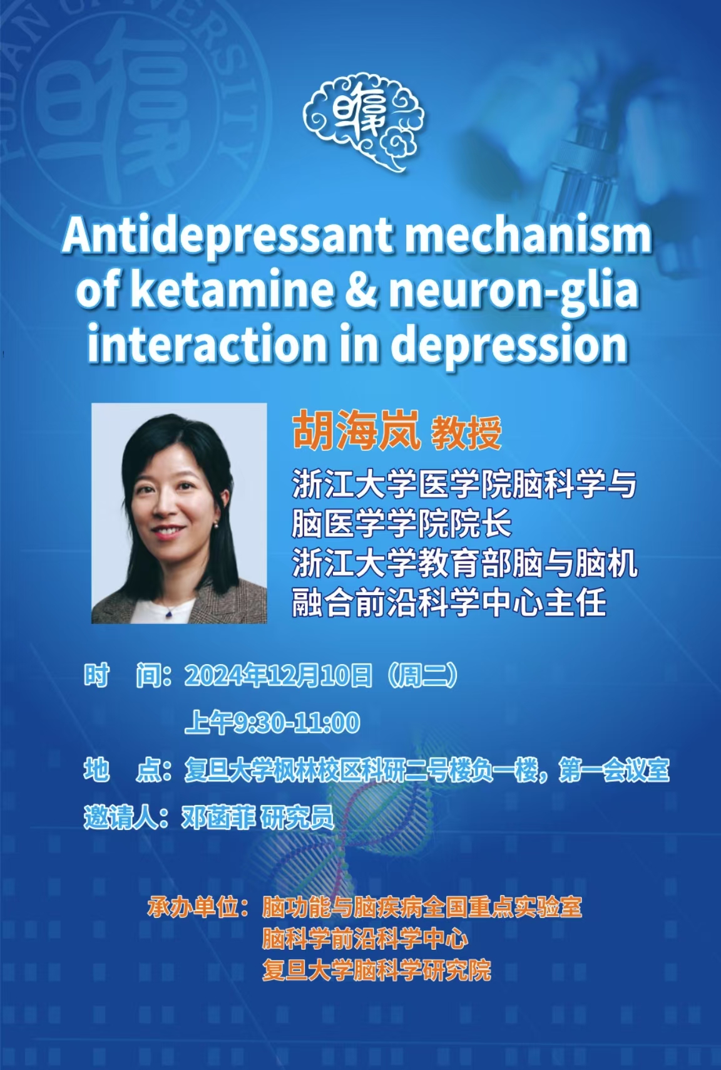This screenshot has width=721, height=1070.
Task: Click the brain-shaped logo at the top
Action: (364, 125)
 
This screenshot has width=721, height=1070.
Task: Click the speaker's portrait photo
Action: (179, 513)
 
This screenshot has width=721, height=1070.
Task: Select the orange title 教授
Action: (466, 433)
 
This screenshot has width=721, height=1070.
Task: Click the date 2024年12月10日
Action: (278, 676)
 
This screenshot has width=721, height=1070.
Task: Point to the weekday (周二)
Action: (423, 676)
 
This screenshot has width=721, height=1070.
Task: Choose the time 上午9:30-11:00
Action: (272, 722)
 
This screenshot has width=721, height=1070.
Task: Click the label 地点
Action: (122, 770)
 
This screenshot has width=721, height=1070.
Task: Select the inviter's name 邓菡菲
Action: (218, 818)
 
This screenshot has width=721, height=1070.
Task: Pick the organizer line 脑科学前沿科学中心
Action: (365, 938)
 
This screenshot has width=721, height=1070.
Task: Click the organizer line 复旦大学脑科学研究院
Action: (376, 970)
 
